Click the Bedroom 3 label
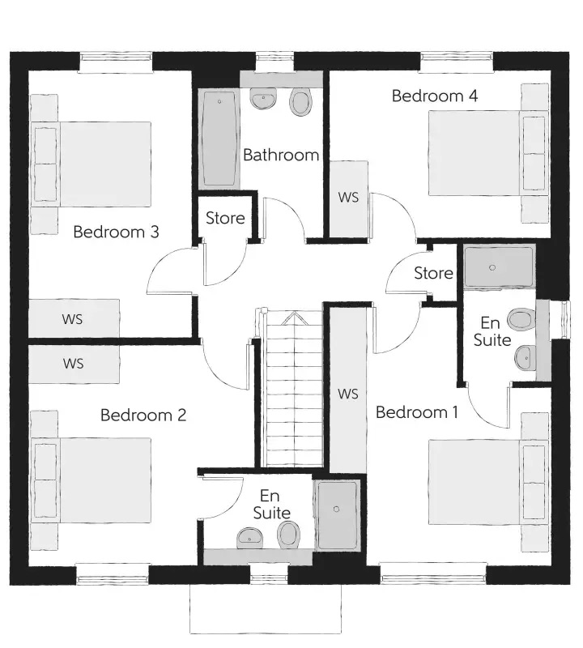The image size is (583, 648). click(116, 232)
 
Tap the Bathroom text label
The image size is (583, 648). click(281, 155)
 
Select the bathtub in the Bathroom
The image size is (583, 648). click(219, 139)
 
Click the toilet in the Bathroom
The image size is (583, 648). click(300, 101)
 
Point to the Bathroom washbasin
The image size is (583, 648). click(262, 99)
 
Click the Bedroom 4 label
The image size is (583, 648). click(435, 96)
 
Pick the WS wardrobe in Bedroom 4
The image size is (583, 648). click(349, 199)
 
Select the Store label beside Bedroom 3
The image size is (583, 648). click(225, 218)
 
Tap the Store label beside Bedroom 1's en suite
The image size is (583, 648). click(433, 273)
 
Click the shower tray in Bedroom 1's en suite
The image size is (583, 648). click(499, 266)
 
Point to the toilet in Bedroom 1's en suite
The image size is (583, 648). click(521, 319)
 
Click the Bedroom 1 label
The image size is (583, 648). click(416, 412)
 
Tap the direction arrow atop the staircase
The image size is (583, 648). click(293, 318)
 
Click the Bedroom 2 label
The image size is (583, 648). click(143, 415)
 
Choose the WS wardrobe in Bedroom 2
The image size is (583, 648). click(74, 364)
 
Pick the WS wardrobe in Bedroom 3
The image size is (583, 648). click(74, 318)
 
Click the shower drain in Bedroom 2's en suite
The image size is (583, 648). click(336, 509)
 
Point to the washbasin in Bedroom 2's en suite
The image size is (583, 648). click(249, 538)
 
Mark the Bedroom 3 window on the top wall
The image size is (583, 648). click(115, 62)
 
